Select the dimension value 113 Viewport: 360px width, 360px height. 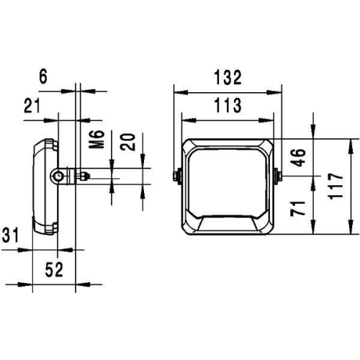[226, 106]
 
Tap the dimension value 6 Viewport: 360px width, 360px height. [42, 76]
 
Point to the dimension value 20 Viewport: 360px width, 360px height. [128, 141]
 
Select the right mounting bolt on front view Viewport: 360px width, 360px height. [279, 174]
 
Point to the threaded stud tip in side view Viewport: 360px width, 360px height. [87, 175]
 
